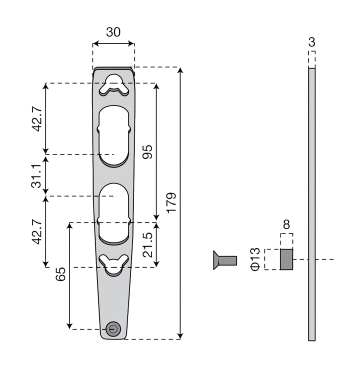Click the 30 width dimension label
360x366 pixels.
pos(113,32)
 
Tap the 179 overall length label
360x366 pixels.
pos(171,202)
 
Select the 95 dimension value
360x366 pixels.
pos(147,152)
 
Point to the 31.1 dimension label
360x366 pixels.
pos(36,176)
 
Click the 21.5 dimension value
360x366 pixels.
pos(147,245)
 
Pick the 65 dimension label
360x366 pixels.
pos(60,274)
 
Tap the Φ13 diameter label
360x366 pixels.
pos(255,259)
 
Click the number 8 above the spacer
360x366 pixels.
pos(286,224)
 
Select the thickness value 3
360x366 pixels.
pos(311,42)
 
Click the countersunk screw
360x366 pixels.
pos(225,260)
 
